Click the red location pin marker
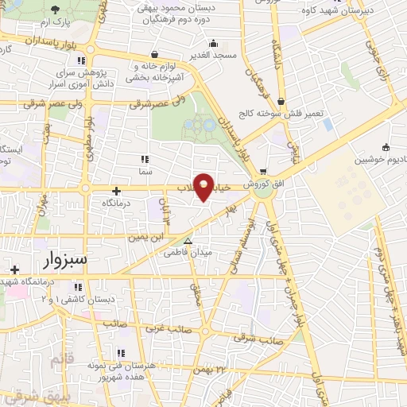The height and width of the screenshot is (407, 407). point(204,187)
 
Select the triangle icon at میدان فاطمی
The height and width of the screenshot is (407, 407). point(188,241)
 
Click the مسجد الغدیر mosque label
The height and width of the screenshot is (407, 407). point(212,56)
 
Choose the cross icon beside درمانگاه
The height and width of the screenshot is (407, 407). point(117,190)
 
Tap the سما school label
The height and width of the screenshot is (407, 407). point(145,171)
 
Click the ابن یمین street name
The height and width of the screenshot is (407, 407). point(157,235)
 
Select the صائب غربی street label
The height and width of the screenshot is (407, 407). point(164,328)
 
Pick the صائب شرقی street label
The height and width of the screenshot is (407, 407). point(249,337)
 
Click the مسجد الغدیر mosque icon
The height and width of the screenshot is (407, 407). point(212,44)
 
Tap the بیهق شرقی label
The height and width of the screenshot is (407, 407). point(29,393)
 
